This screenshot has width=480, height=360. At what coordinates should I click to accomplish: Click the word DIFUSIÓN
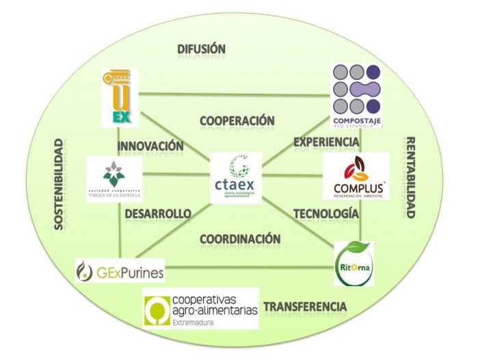201,49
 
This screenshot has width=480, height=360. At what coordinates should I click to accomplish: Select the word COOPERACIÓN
237,120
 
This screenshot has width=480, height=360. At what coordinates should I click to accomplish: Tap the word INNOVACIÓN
150,146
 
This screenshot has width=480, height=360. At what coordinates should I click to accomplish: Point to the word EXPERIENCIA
326,142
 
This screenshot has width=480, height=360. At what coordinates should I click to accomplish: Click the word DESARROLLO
158,214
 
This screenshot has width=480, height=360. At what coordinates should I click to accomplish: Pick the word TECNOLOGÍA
325,214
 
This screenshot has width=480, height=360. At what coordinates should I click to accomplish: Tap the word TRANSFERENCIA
305,307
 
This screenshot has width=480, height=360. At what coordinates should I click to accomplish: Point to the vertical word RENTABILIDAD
411,177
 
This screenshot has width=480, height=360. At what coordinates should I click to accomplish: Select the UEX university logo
120,97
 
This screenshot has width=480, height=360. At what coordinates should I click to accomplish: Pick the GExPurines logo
120,271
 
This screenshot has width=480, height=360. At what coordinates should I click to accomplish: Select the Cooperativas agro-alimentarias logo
200,309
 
